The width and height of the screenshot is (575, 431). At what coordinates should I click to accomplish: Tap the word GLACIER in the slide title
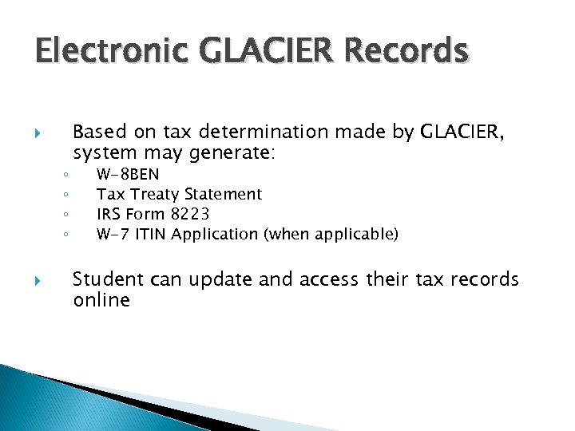click(x=248, y=52)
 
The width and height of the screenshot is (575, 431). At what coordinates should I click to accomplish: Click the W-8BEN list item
click(x=128, y=174)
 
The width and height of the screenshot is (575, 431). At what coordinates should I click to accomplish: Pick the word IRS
click(x=108, y=214)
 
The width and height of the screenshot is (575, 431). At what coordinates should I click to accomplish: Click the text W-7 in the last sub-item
click(x=111, y=234)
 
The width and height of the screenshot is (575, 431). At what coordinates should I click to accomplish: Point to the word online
click(x=101, y=300)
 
